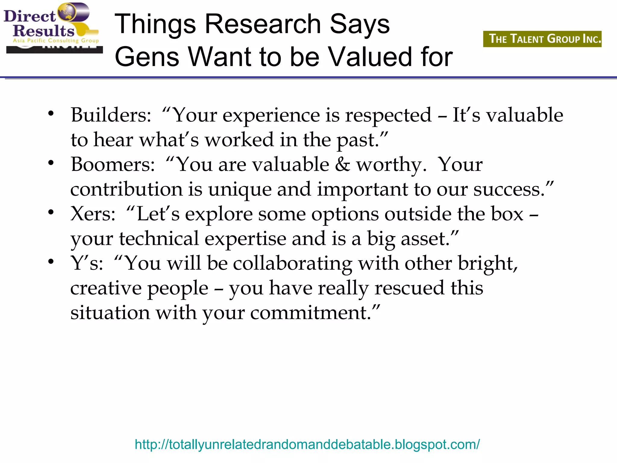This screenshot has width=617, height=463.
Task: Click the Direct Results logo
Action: pos(51,27)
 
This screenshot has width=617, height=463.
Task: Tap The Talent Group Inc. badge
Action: pos(542,39)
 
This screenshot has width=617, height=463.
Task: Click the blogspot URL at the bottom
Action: pos(307,444)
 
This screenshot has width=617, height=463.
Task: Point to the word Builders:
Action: pos(111,115)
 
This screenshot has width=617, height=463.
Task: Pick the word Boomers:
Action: pos(113,165)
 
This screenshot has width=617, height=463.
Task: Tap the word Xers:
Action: pos(93,214)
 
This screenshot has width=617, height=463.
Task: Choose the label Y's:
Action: pos(87,263)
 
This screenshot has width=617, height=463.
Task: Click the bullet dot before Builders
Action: pos(51,114)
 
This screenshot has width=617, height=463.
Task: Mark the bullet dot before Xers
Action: pos(51,212)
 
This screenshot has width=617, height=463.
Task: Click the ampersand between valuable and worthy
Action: pos(343,165)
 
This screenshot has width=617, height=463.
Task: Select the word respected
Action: pos(388,115)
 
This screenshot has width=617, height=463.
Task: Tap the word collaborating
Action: pos(292,263)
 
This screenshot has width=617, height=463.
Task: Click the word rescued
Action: pos(409,288)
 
